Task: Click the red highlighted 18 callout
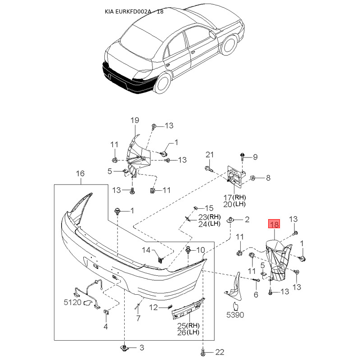point(274,224)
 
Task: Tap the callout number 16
point(80,174)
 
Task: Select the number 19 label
point(135,120)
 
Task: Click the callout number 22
point(220,352)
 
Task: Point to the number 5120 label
point(72,302)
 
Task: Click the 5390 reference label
point(235,315)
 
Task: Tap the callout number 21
point(210,155)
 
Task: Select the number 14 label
point(146,250)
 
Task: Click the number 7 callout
point(138,318)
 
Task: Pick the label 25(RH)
point(189,325)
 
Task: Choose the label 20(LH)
point(234,204)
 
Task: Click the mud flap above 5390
point(234,287)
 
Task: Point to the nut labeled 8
point(252,178)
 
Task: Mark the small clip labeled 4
point(106,312)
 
